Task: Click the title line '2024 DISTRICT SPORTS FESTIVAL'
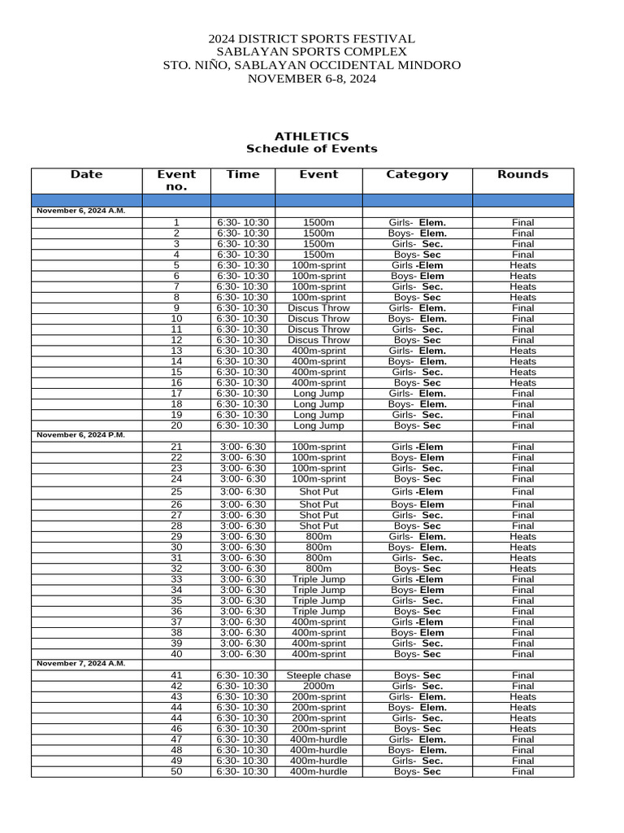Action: click(x=312, y=39)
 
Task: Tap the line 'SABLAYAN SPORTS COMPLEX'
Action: click(x=312, y=52)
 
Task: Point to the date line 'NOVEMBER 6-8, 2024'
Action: click(x=312, y=79)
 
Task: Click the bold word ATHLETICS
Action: click(x=312, y=136)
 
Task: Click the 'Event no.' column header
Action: click(x=176, y=180)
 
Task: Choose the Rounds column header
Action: click(x=522, y=174)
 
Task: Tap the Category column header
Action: click(x=417, y=174)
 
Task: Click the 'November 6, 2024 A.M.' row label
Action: click(x=81, y=211)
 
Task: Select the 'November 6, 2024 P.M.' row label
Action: click(x=81, y=435)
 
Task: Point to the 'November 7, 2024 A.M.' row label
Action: click(x=81, y=664)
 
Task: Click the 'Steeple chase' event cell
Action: click(x=318, y=676)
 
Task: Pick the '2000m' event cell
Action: click(x=318, y=687)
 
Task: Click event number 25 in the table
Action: click(x=176, y=492)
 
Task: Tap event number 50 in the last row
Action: click(x=176, y=772)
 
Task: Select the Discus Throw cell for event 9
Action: click(x=318, y=308)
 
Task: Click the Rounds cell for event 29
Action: click(x=522, y=537)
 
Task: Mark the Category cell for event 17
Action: click(x=417, y=394)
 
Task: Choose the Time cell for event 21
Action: click(x=242, y=447)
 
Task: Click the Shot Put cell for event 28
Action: click(x=318, y=526)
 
